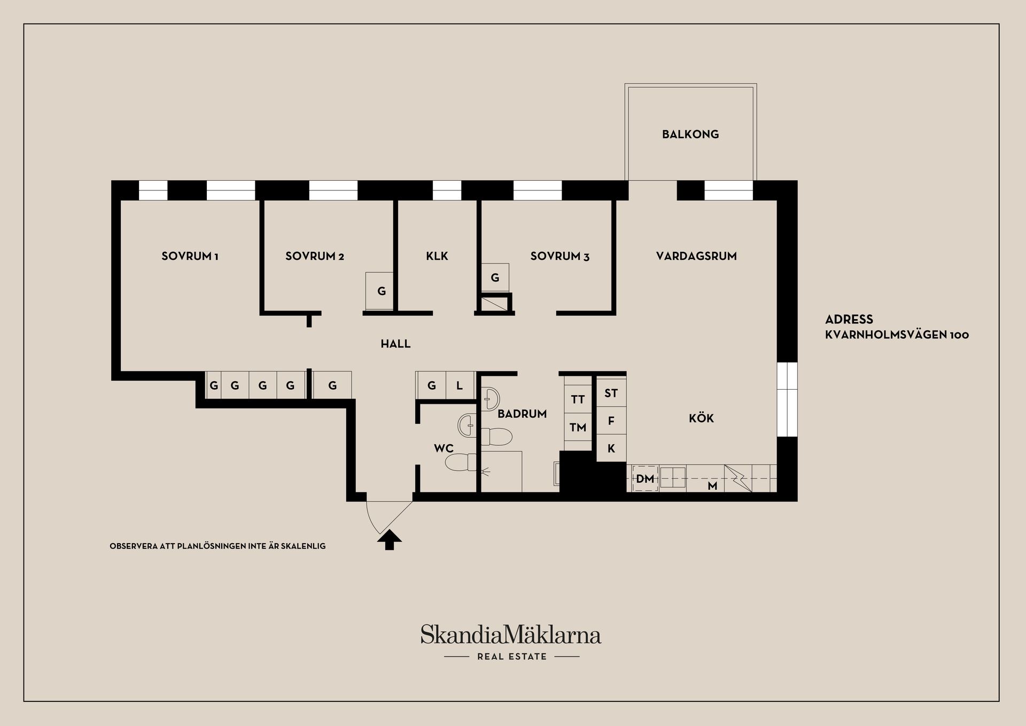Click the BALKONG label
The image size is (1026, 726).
[x=690, y=134]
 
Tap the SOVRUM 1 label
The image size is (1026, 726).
[x=190, y=256]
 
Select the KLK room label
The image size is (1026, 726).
[x=437, y=256]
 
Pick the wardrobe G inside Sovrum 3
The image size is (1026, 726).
[x=495, y=277]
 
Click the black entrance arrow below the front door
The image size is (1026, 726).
[x=390, y=540]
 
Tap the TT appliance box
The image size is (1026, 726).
[x=578, y=399]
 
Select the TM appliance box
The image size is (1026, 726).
[x=578, y=427]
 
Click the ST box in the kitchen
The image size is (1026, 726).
[x=611, y=393]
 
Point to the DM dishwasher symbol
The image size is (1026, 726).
[x=645, y=478]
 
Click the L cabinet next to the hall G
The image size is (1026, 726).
[x=460, y=385]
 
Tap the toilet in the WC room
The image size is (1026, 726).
[x=461, y=462]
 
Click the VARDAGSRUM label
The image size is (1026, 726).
[x=696, y=256]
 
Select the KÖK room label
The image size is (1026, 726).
[x=701, y=418]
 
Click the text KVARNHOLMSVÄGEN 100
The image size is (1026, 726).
[x=897, y=335]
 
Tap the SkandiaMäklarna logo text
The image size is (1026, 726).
[x=510, y=635]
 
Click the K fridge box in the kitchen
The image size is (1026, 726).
[x=611, y=449]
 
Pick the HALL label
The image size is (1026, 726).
[x=395, y=344]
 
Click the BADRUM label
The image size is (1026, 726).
[x=522, y=414]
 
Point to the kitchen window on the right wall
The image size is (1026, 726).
[x=787, y=399]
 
